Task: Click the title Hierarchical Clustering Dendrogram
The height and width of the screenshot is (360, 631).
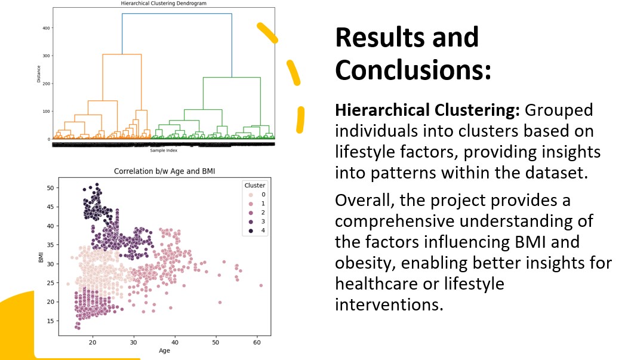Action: coord(164,4)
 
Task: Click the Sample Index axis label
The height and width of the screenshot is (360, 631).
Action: coord(164,151)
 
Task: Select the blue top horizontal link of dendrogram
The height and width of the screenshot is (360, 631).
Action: coord(177,14)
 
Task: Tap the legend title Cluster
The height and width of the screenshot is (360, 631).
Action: coord(255,185)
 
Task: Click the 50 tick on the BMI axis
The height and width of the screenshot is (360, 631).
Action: coord(50,187)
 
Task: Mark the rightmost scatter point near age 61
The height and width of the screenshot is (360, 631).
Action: coord(261,285)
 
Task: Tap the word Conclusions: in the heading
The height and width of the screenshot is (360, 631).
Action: coord(413,70)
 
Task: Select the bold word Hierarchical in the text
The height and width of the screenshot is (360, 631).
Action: coord(384,110)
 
